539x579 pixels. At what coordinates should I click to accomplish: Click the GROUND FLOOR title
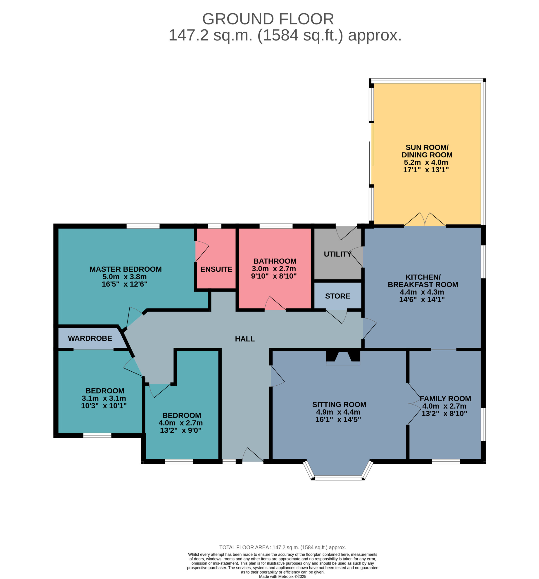pyautogui.click(x=268, y=19)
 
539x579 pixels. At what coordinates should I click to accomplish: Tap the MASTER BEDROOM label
pyautogui.click(x=126, y=269)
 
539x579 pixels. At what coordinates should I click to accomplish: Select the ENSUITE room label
pyautogui.click(x=216, y=269)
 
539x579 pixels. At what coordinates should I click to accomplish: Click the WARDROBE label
pyautogui.click(x=90, y=338)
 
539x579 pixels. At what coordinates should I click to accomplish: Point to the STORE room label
pyautogui.click(x=338, y=296)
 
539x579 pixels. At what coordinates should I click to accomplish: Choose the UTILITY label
pyautogui.click(x=338, y=254)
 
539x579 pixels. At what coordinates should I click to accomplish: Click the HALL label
pyautogui.click(x=245, y=339)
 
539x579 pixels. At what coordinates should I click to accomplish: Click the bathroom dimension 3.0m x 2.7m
pyautogui.click(x=274, y=268)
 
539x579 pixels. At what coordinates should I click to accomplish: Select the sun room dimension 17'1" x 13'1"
pyautogui.click(x=426, y=170)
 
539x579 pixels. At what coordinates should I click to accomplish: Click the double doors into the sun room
pyautogui.click(x=425, y=220)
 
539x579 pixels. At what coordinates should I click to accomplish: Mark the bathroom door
pyautogui.click(x=275, y=304)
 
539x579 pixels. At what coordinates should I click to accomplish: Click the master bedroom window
pyautogui.click(x=143, y=226)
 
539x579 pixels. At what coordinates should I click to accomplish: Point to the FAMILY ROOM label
pyautogui.click(x=446, y=399)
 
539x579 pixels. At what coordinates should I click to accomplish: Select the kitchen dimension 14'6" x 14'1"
pyautogui.click(x=422, y=300)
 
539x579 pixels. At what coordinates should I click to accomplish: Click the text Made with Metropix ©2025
pyautogui.click(x=283, y=576)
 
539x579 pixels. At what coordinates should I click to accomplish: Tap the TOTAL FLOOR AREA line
pyautogui.click(x=283, y=548)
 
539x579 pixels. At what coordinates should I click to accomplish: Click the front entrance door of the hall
pyautogui.click(x=253, y=455)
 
